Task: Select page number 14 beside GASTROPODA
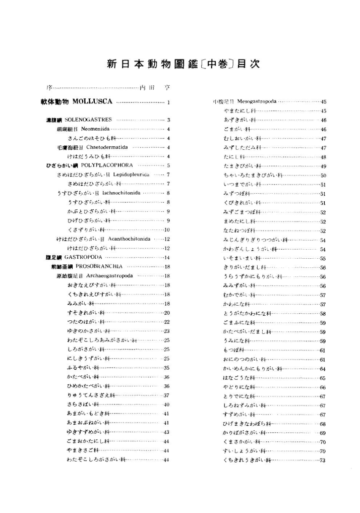[x=167, y=258]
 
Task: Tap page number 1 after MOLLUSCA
[x=168, y=103]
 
